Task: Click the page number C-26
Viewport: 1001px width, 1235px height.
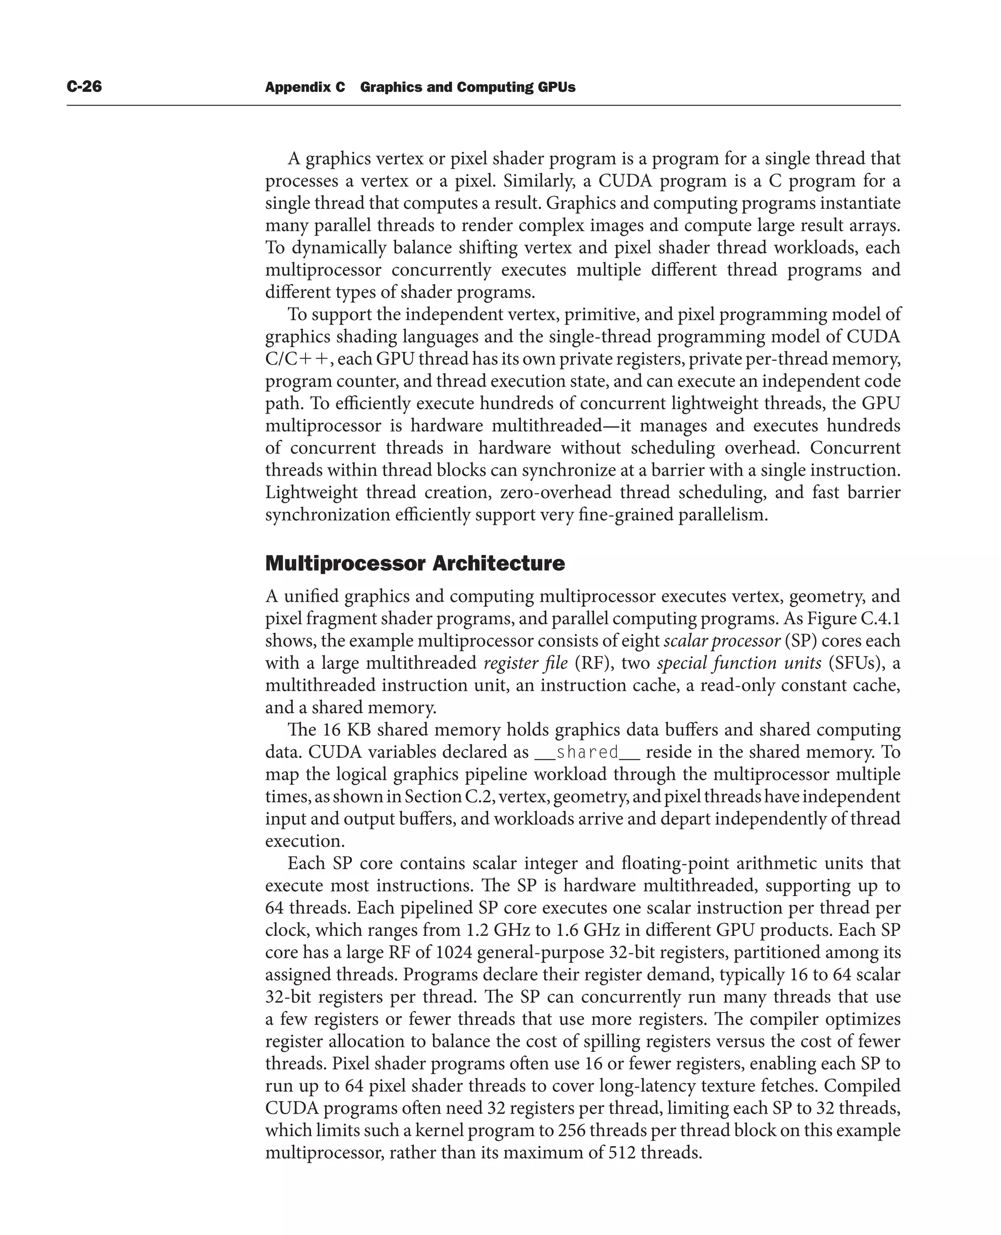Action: click(x=84, y=87)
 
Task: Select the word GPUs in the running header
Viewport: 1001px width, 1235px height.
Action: click(x=556, y=87)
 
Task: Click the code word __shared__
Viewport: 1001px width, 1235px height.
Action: click(x=587, y=752)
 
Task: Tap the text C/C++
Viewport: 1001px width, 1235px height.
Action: click(x=297, y=359)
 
